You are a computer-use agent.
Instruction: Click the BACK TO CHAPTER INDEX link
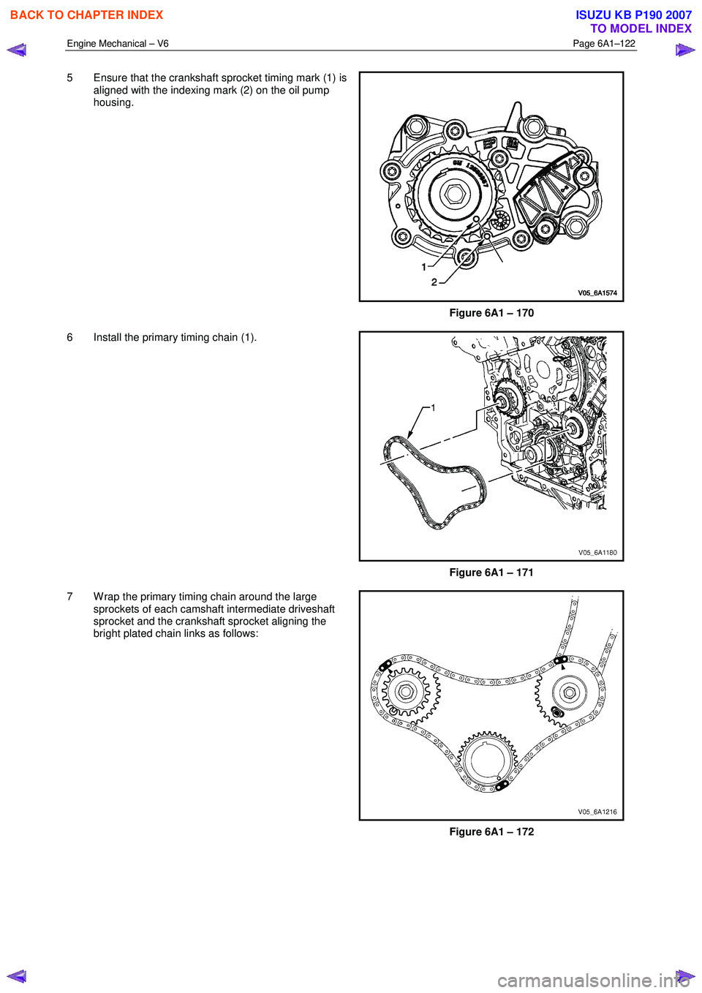[x=86, y=15]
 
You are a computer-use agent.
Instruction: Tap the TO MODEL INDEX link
[x=641, y=29]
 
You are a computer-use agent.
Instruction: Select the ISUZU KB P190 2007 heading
[x=633, y=15]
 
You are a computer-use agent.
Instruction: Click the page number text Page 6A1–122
[x=604, y=44]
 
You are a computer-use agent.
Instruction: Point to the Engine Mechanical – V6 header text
[x=118, y=44]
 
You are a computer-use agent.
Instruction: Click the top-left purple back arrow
[x=16, y=50]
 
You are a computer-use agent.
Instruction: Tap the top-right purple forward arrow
[x=685, y=50]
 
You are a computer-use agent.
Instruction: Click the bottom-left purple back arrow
[x=16, y=976]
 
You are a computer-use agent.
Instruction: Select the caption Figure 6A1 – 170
[x=491, y=313]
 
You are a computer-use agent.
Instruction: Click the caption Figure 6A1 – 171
[x=491, y=573]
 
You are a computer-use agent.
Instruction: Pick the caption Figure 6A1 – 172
[x=491, y=832]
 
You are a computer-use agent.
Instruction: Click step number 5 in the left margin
[x=70, y=78]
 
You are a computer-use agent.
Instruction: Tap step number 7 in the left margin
[x=70, y=597]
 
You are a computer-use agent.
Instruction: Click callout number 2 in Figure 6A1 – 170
[x=434, y=282]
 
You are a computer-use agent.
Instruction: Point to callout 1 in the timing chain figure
[x=433, y=408]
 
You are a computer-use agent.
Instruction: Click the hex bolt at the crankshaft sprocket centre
[x=455, y=195]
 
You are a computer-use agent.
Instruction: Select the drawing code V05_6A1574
[x=597, y=293]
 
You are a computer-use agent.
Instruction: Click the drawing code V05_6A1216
[x=597, y=812]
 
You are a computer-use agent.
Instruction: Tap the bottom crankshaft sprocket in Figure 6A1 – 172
[x=488, y=760]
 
